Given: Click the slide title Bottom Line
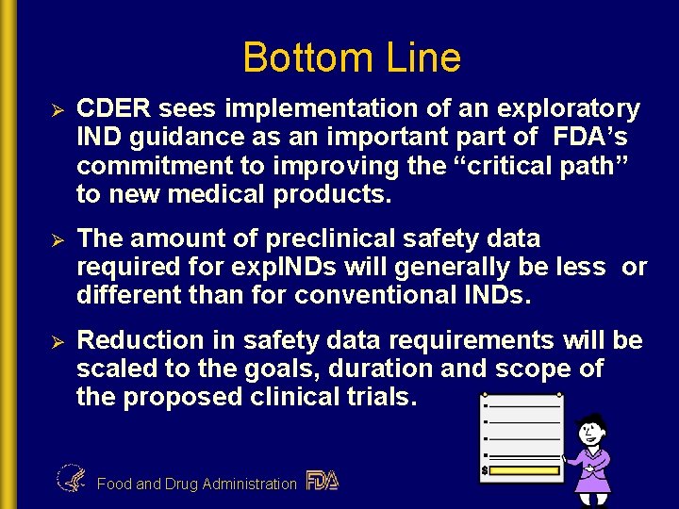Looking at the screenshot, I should pyautogui.click(x=352, y=57).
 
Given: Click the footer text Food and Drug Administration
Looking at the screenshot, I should pyautogui.click(x=196, y=484).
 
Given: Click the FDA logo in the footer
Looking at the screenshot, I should pyautogui.click(x=322, y=481).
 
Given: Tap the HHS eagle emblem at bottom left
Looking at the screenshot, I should pyautogui.click(x=71, y=479).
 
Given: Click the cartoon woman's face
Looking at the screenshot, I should pyautogui.click(x=591, y=433).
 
